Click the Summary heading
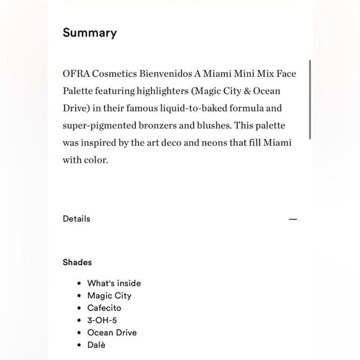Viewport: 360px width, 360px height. (x=89, y=33)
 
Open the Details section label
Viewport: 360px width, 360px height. (x=76, y=218)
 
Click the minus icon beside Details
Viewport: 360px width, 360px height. (x=293, y=219)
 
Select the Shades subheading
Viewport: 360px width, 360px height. (x=77, y=262)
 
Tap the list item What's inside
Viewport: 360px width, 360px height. (x=114, y=283)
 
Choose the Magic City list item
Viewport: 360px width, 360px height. (x=109, y=295)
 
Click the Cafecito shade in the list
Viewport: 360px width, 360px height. (x=104, y=308)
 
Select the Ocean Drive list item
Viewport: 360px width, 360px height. (x=112, y=333)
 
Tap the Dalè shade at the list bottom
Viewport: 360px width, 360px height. (x=96, y=344)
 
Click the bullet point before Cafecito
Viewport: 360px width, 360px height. (x=79, y=308)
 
